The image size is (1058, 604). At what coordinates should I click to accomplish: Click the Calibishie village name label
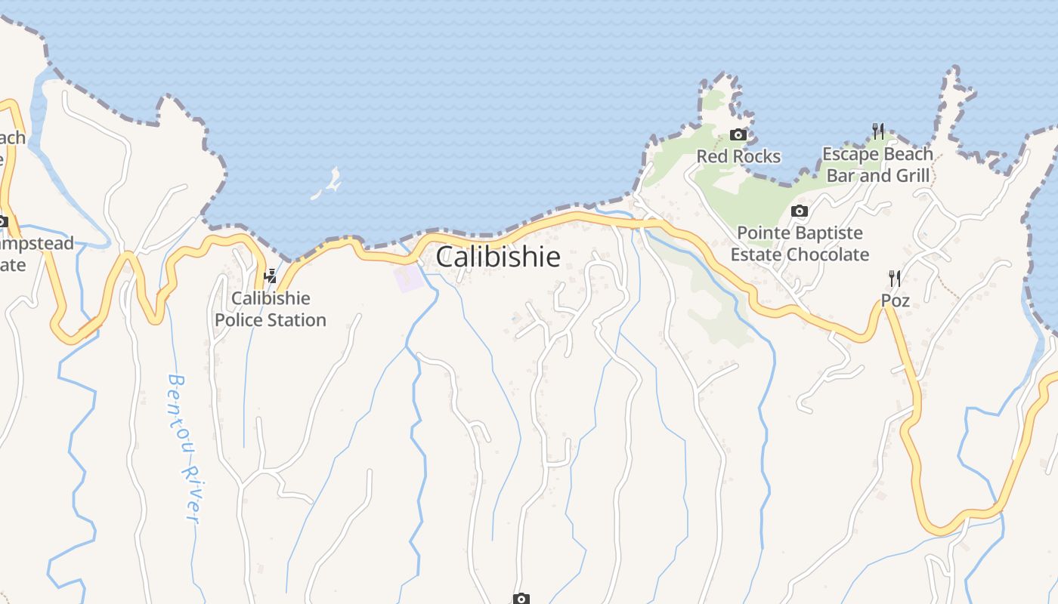(x=498, y=257)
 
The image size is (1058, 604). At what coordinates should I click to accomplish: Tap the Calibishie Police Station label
(x=271, y=309)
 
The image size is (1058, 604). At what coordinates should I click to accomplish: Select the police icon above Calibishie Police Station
(x=270, y=276)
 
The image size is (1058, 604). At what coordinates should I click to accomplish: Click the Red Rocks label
(x=738, y=156)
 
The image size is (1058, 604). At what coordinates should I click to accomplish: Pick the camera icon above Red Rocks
(x=738, y=135)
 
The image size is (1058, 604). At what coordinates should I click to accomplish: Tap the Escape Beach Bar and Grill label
(x=877, y=165)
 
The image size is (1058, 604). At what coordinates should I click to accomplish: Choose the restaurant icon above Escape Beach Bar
(x=878, y=131)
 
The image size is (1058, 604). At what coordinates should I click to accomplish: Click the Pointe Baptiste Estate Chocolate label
(x=800, y=243)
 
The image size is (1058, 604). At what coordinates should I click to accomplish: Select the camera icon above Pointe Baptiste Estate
(x=800, y=211)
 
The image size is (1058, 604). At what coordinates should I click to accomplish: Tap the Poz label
(x=896, y=300)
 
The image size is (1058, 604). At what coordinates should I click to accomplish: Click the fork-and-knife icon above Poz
(x=895, y=278)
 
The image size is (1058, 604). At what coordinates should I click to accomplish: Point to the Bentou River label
(x=184, y=448)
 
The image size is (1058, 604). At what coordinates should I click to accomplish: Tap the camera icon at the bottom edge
(x=521, y=599)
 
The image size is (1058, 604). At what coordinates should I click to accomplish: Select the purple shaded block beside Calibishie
(x=409, y=277)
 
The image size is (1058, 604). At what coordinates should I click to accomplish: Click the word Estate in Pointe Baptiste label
(x=756, y=254)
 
